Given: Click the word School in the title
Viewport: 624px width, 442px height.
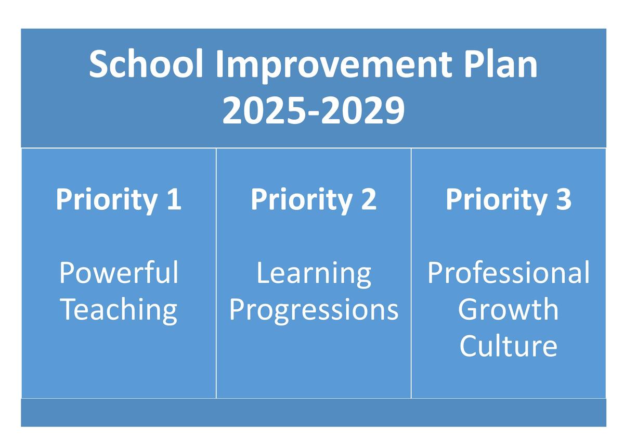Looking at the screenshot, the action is (x=146, y=64).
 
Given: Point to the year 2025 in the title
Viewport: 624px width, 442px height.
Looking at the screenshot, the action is (x=263, y=110).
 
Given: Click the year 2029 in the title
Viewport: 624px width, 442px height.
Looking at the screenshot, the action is (x=363, y=110).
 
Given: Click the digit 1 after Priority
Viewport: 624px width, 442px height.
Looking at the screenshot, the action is (x=174, y=199).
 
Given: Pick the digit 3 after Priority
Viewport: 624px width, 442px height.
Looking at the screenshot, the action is (x=564, y=199).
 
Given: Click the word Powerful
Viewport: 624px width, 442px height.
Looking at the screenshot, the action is (x=119, y=272).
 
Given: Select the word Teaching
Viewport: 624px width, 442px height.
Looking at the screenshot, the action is (x=119, y=311).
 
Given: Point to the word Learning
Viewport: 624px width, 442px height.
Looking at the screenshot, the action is (x=314, y=274).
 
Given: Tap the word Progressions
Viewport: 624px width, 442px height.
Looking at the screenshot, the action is (x=314, y=311).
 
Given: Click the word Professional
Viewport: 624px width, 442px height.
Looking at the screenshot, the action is (x=509, y=272).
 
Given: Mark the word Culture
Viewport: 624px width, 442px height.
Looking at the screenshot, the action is (x=509, y=346).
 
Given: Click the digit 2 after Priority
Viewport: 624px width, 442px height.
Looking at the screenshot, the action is (x=369, y=199).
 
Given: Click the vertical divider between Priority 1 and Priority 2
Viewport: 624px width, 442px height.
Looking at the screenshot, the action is (x=216, y=273).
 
